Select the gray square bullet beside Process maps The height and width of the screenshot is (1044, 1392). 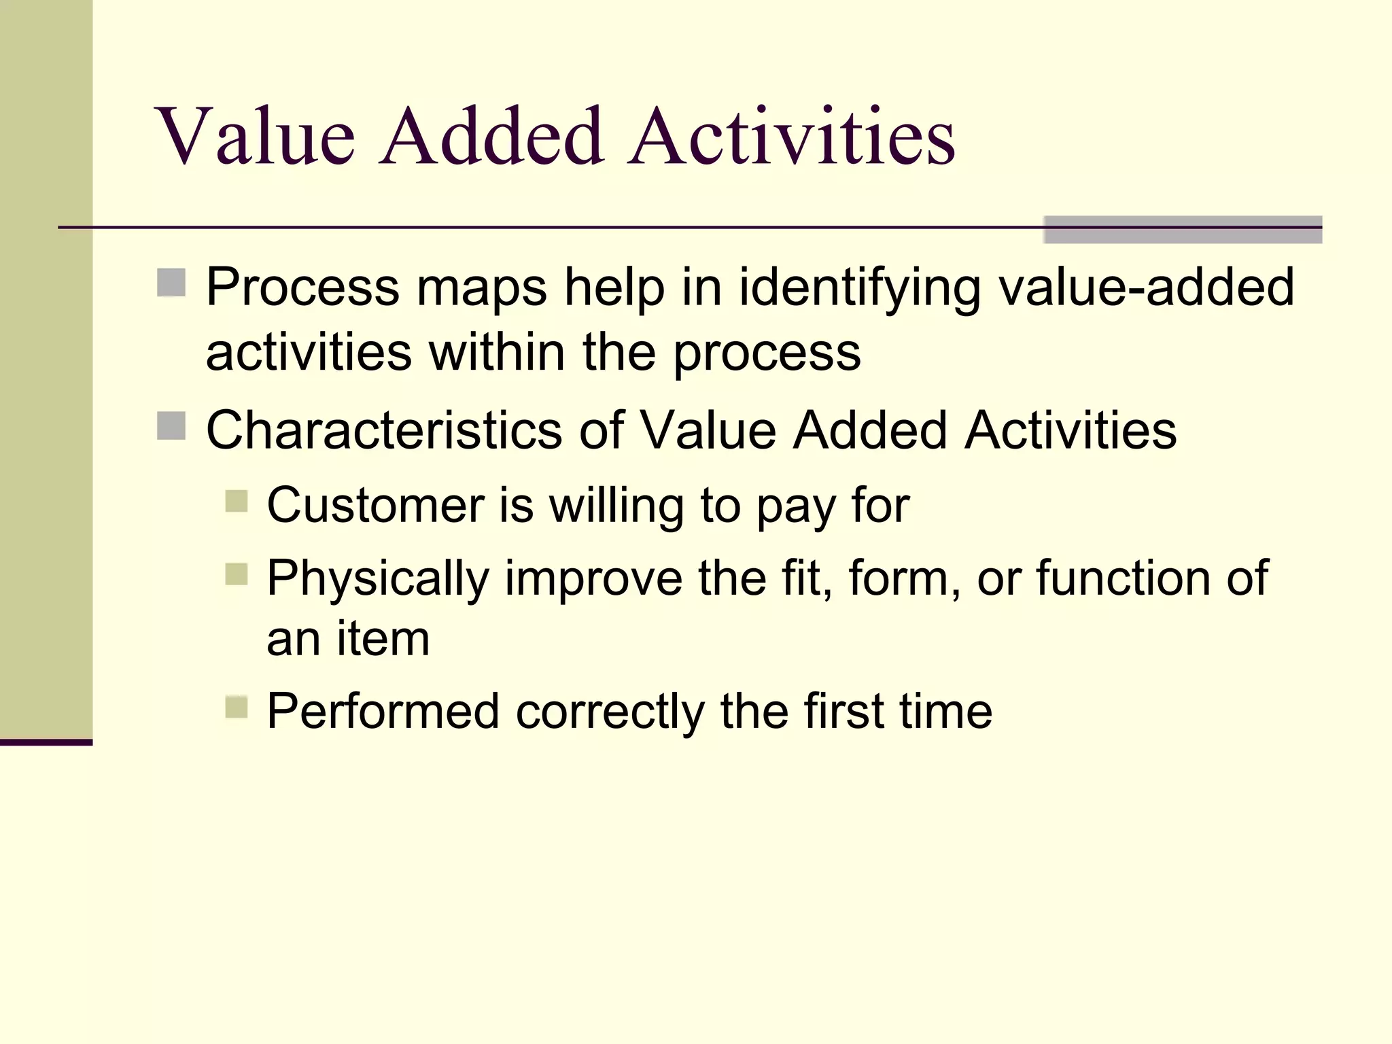point(171,283)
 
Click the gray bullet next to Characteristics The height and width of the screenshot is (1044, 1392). point(171,426)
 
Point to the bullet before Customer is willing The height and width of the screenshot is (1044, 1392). point(237,502)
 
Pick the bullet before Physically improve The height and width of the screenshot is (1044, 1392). point(237,574)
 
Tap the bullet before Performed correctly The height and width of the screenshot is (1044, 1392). point(237,708)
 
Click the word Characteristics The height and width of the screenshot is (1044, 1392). point(384,430)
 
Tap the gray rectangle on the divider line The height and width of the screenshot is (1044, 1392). point(1182,230)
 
